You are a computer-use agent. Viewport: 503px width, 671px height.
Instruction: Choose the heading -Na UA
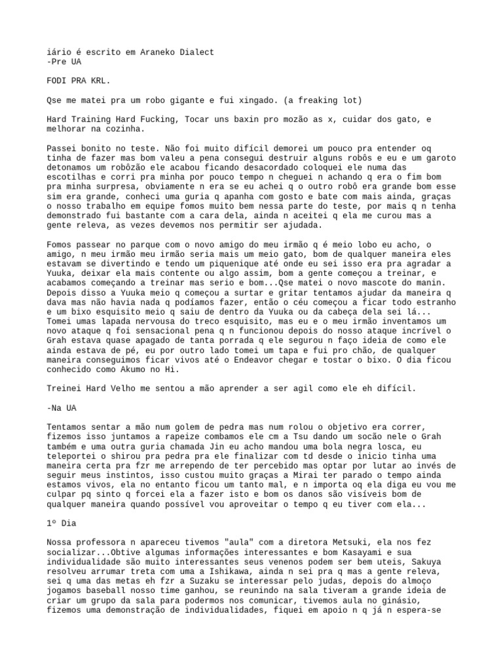(x=62, y=407)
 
